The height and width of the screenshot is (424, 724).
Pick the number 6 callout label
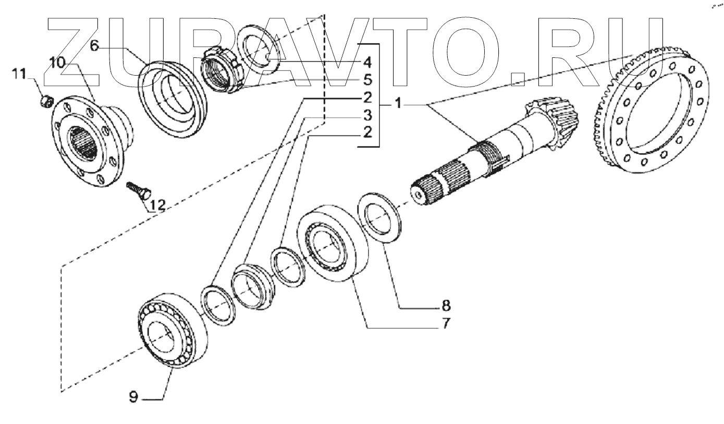point(94,46)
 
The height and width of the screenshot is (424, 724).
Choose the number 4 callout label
point(367,63)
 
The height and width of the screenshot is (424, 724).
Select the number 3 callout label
point(367,115)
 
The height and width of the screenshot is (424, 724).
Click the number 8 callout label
point(446,304)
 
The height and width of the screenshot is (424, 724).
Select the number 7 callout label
point(446,323)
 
